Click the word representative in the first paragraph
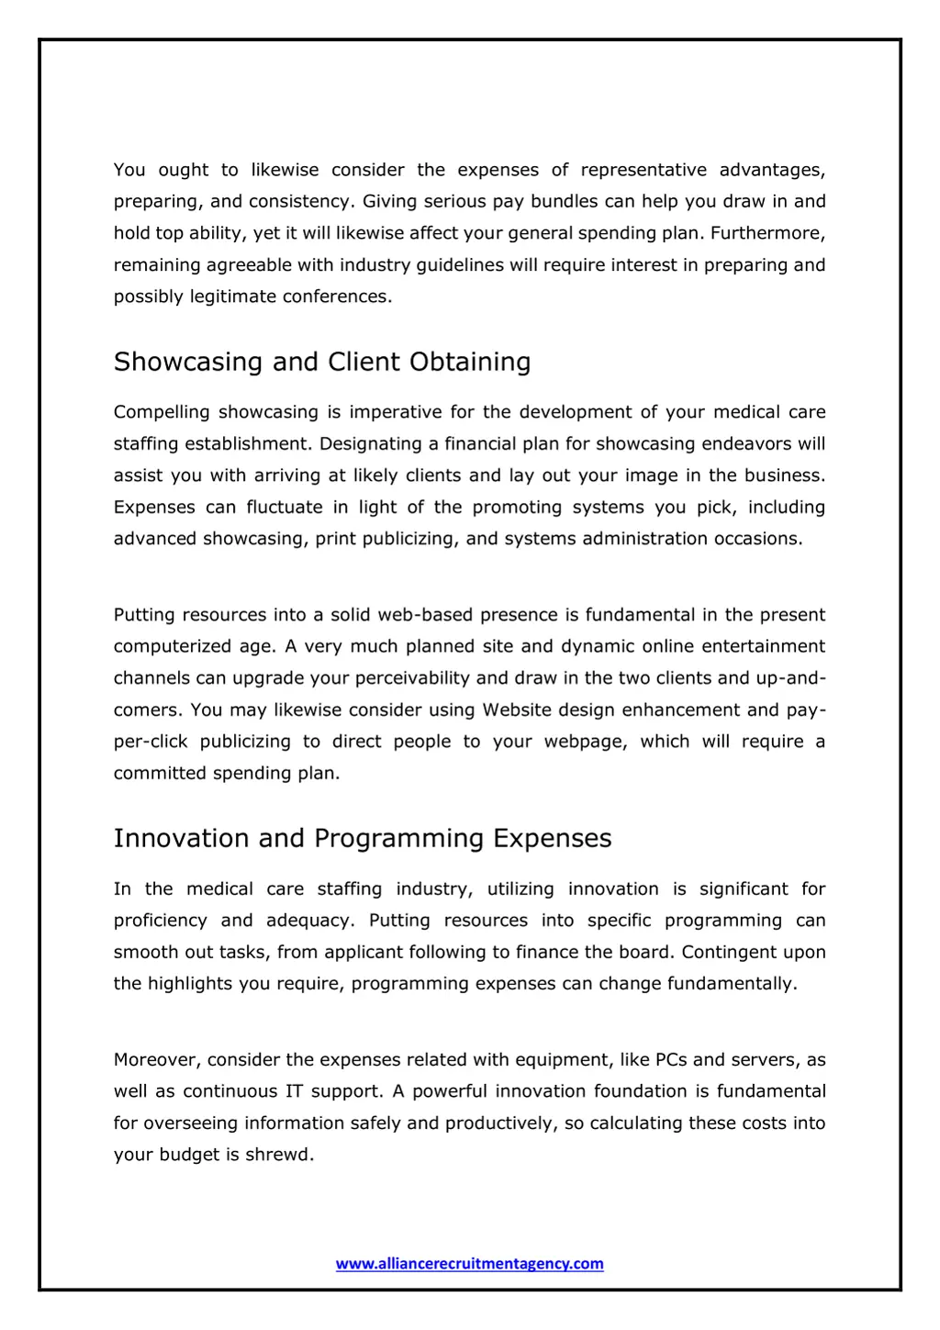tap(643, 170)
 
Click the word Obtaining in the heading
tap(470, 362)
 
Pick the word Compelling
tap(162, 412)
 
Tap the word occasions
tap(758, 539)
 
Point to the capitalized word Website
tap(517, 710)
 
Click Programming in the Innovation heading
tap(398, 839)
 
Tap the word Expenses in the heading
tap(552, 839)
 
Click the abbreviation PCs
tap(671, 1060)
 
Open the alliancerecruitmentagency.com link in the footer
tap(469, 1264)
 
